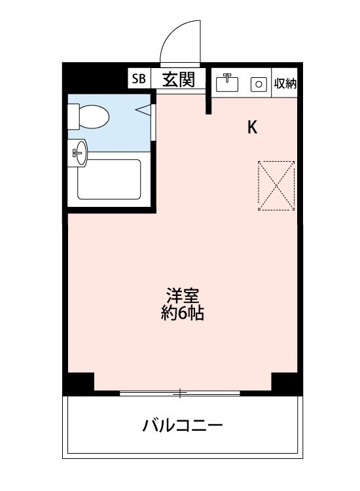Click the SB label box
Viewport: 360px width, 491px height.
[x=139, y=79]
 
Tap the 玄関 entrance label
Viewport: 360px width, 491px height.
[x=177, y=79]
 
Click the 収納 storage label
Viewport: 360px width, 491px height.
[x=285, y=84]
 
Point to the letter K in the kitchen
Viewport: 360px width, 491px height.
[x=252, y=128]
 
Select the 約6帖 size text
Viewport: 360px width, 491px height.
[x=183, y=314]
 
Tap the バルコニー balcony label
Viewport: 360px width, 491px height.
[x=183, y=427]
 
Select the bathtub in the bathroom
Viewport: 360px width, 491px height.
[x=109, y=179]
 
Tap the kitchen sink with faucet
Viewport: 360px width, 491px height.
[x=228, y=83]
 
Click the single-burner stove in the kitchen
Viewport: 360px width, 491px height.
[x=259, y=84]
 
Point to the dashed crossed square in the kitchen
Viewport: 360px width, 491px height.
[x=276, y=185]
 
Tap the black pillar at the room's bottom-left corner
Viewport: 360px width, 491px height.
[x=79, y=383]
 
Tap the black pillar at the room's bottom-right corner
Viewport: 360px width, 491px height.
[x=287, y=383]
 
